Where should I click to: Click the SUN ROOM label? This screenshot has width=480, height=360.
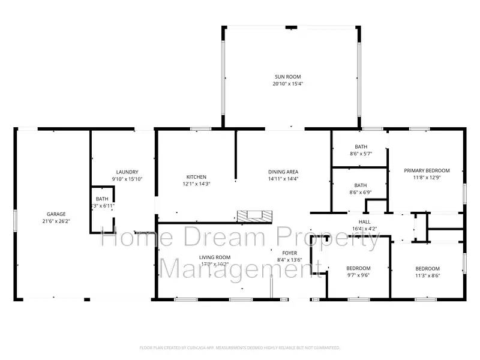pos(287,77)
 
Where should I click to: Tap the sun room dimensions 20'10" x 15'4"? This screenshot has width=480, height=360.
pos(287,84)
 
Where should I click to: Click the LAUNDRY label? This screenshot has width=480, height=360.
pos(127,172)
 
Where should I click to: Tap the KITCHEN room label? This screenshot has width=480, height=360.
pos(196,177)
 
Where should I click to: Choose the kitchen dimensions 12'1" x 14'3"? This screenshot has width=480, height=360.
pos(196,184)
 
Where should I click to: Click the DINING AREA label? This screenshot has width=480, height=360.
pos(283,172)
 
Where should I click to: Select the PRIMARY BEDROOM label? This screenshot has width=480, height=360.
pos(426,170)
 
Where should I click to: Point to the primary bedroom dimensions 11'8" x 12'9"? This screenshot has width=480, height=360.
pos(426,178)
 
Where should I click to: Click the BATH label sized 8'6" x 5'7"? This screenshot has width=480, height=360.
pos(361,147)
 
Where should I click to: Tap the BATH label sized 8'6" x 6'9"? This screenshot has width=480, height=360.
pos(361,185)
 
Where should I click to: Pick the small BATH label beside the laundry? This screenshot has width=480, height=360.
pos(102,199)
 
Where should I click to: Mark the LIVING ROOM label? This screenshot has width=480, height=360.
pos(215,257)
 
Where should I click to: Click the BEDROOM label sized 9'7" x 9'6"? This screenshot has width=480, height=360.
pos(358,268)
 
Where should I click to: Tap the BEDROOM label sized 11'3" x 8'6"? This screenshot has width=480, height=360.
pos(427,268)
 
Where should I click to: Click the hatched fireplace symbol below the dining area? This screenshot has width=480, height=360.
pos(254,216)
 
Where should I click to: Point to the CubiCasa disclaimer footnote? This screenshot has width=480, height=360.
pos(240,347)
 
